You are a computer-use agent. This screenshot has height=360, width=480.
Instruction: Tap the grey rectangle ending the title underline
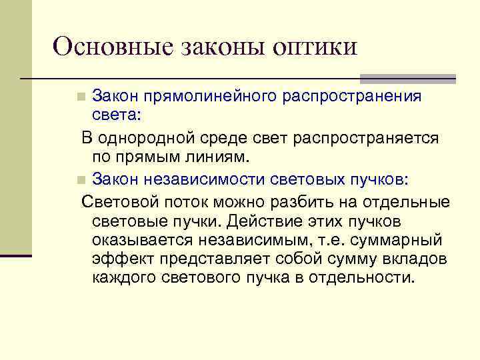407,78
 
